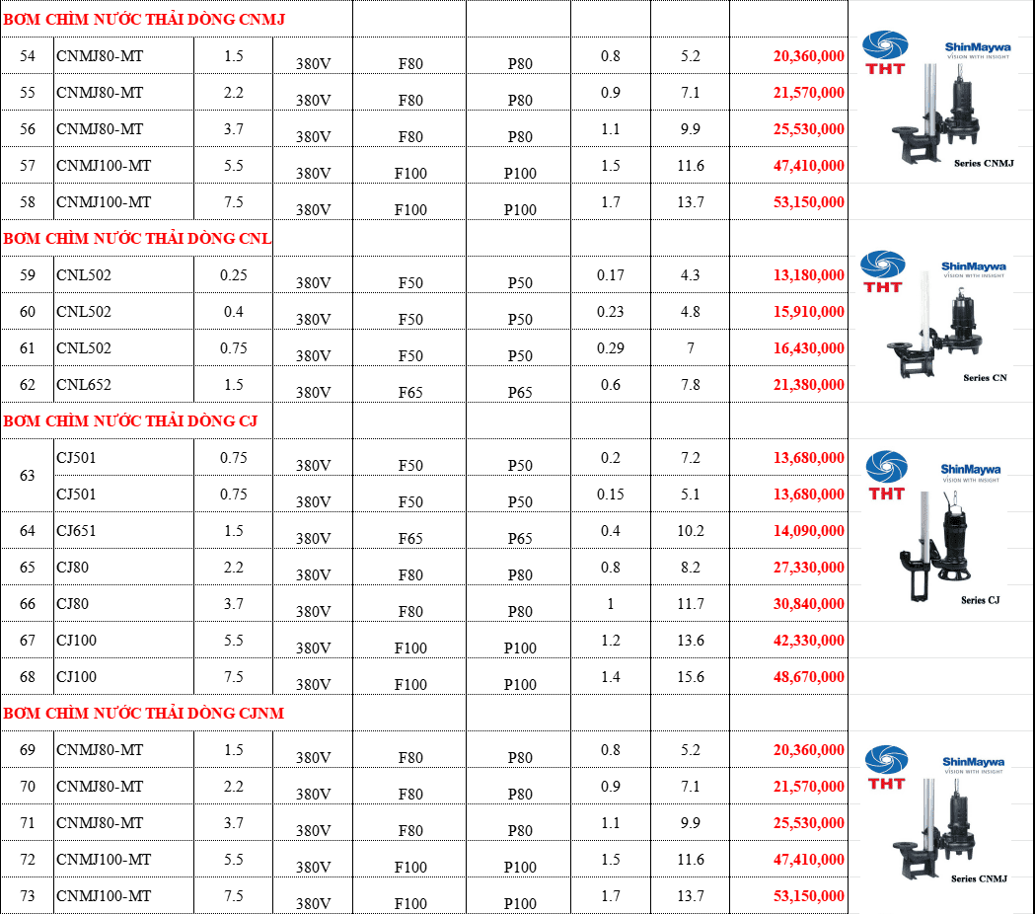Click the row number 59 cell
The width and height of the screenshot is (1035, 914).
27,274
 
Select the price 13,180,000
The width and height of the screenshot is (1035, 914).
809,274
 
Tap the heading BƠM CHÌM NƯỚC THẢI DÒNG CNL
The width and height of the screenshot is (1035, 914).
137,239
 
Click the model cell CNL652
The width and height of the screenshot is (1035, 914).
84,384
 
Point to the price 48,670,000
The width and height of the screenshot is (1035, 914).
809,677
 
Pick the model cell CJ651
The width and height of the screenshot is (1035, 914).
76,531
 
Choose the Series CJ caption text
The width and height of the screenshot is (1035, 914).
980,600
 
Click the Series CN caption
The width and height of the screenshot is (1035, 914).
985,378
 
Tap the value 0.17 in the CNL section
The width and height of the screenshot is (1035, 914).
611,274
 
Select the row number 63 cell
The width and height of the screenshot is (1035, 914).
27,476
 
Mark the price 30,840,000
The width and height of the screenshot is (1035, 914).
809,604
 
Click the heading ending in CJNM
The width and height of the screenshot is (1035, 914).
144,714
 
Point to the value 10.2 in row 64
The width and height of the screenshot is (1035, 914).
691,531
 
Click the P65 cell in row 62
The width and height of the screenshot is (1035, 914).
520,392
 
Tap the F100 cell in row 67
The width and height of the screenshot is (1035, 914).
410,647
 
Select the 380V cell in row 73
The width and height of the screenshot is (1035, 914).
313,903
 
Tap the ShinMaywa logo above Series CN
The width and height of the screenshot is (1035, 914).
974,269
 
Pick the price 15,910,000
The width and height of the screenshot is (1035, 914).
809,312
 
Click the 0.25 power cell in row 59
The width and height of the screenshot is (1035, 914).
234,274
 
